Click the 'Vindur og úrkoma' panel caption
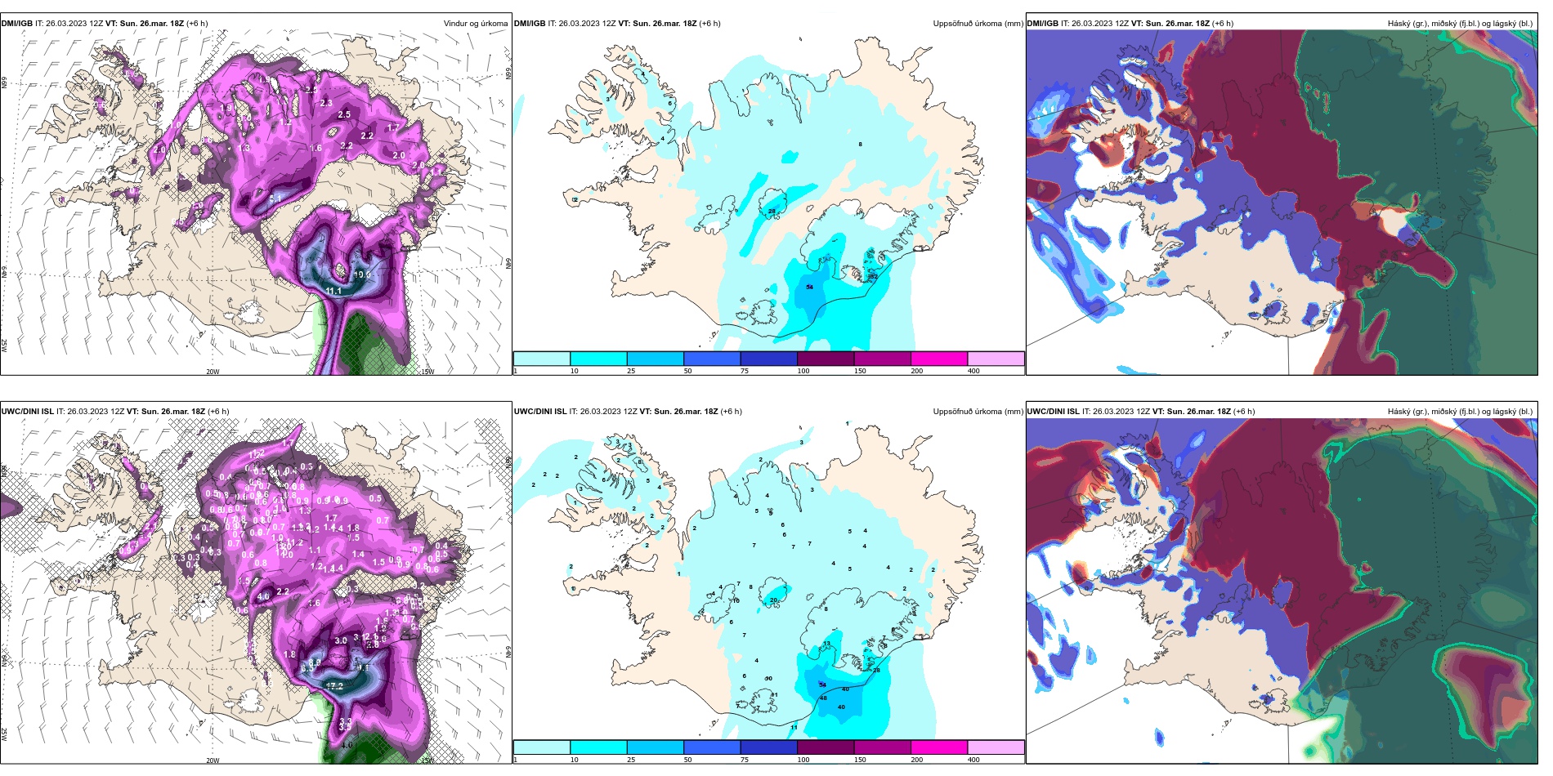click(x=475, y=24)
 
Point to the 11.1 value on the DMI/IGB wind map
click(x=333, y=291)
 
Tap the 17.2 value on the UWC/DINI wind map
click(x=334, y=686)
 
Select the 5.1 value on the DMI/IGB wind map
click(x=275, y=198)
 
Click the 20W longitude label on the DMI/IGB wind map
click(x=213, y=372)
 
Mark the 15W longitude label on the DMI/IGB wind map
click(x=427, y=372)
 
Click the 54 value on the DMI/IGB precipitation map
click(x=809, y=287)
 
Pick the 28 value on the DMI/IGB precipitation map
click(x=772, y=212)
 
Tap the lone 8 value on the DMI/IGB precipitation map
click(x=860, y=145)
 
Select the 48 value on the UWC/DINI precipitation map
click(x=823, y=698)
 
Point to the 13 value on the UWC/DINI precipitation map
click(x=826, y=644)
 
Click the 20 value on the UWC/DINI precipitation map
click(x=773, y=600)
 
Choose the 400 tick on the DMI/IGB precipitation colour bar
click(x=973, y=371)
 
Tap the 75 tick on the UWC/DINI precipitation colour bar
click(x=745, y=760)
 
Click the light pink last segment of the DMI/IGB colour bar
click(x=996, y=359)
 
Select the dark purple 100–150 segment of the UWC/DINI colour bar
click(x=826, y=747)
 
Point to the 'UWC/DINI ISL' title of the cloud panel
click(x=1053, y=412)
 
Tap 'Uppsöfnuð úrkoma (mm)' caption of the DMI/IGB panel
click(x=978, y=24)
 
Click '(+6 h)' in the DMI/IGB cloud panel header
click(x=1222, y=24)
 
